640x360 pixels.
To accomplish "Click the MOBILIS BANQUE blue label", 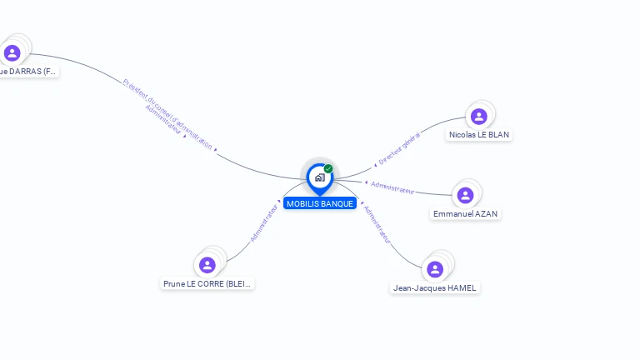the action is coord(320,203).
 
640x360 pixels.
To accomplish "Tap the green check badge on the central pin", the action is coord(328,169).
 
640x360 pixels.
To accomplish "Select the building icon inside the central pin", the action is coord(319,177).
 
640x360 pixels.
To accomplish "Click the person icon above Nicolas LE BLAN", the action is coord(478,116).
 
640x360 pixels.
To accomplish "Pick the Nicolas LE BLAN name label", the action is coord(479,134).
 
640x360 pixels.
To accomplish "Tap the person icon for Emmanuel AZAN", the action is coord(465,195).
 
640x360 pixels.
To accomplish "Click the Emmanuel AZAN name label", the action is coord(465,213).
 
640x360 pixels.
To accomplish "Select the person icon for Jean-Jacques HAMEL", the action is coord(435,269).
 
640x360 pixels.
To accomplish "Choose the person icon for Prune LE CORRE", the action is coord(207,265).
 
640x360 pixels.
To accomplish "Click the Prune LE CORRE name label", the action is coord(207,283).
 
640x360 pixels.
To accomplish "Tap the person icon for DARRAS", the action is coord(12,53).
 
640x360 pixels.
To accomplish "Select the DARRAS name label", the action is coord(28,72).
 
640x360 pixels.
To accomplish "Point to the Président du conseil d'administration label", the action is coord(167,112).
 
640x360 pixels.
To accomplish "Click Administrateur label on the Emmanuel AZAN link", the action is coord(392,187).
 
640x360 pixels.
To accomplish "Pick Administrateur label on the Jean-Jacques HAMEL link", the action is coord(377,223).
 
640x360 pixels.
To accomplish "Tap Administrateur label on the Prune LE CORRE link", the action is coord(263,221).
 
